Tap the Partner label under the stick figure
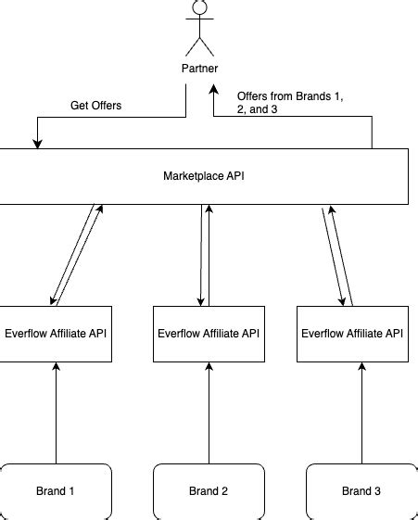click(x=200, y=68)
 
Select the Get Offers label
click(x=96, y=105)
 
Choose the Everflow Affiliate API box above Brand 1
click(x=57, y=333)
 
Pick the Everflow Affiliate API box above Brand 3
click(x=350, y=333)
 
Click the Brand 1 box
click(x=57, y=490)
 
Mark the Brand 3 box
click(x=357, y=490)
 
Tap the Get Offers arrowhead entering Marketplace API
click(x=38, y=143)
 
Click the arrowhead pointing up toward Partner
click(x=214, y=90)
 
